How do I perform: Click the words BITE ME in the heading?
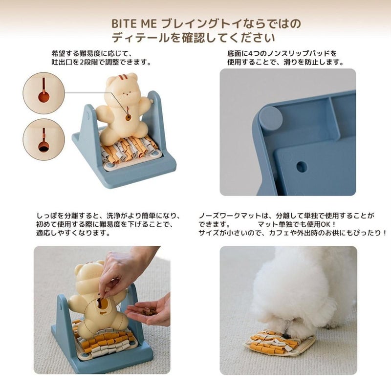coord(134,24)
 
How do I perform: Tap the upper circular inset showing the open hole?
coord(44,93)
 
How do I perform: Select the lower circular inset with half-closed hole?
coord(44,140)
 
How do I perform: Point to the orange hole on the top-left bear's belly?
coord(128,117)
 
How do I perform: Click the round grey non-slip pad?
coord(271,116)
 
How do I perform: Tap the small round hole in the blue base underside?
coord(302,166)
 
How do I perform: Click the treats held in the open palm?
coord(149,311)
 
